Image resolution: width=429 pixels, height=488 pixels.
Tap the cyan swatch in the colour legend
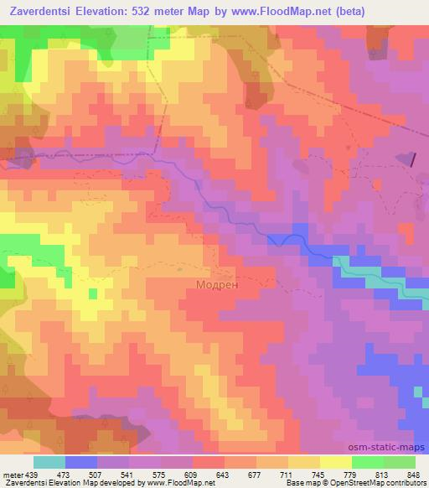click(49, 462)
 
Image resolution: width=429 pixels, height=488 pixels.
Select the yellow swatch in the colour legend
click(335, 462)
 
